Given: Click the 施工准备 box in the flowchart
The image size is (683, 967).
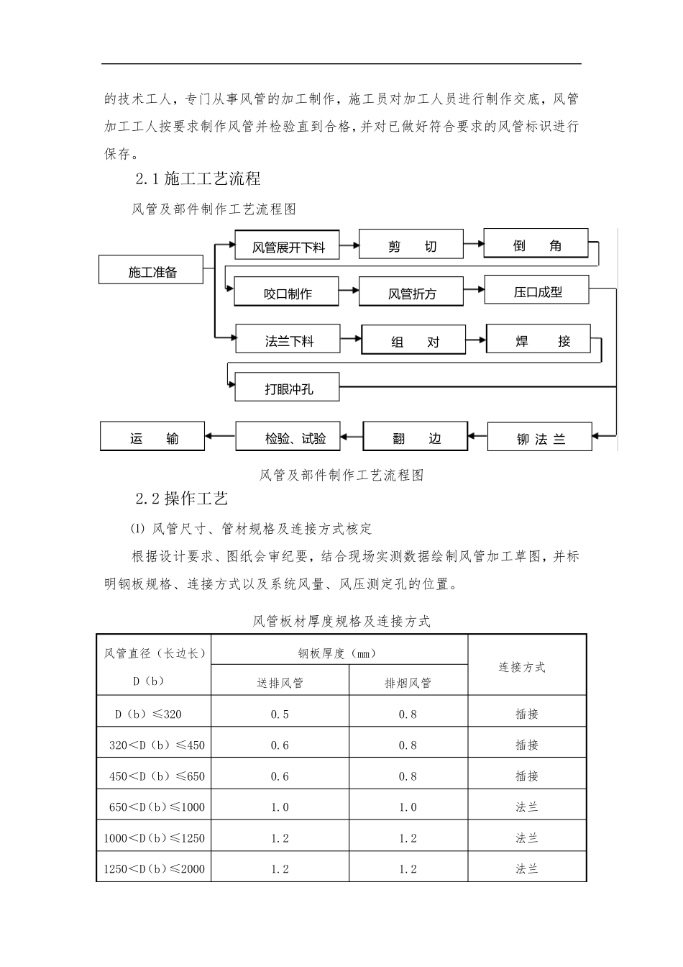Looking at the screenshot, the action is pos(152,271).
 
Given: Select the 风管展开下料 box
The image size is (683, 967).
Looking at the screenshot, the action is pos(288,246).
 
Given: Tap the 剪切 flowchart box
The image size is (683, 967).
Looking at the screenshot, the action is pos(411,245).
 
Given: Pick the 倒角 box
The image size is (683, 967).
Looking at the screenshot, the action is pos(536,245).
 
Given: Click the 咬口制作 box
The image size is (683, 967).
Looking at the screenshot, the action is pos(288,293).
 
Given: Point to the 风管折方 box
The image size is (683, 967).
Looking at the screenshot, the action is pos(411,292).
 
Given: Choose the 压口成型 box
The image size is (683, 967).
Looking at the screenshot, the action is pos(537,291).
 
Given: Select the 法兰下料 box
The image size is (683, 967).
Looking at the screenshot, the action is pos(288,340).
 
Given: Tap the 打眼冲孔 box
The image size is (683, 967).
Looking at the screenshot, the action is pos(288,389).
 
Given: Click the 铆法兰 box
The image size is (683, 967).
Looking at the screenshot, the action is pos(540,438).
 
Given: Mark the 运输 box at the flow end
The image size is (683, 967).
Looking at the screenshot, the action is pos(152,437).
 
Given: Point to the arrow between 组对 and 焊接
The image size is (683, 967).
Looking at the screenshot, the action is pos(475,339).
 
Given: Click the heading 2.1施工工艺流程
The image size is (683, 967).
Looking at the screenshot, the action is pos(198,178).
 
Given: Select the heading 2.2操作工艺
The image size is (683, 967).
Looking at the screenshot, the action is pos(182,498).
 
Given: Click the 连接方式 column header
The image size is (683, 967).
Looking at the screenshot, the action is pos(522,667).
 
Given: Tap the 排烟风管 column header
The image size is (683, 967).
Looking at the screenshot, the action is pos(408,682).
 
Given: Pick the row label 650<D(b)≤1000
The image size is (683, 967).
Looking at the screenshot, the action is pos(157,807).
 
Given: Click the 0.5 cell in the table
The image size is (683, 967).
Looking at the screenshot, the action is pos(280,714).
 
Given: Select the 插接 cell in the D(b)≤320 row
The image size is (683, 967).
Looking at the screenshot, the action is pos(527,714).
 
